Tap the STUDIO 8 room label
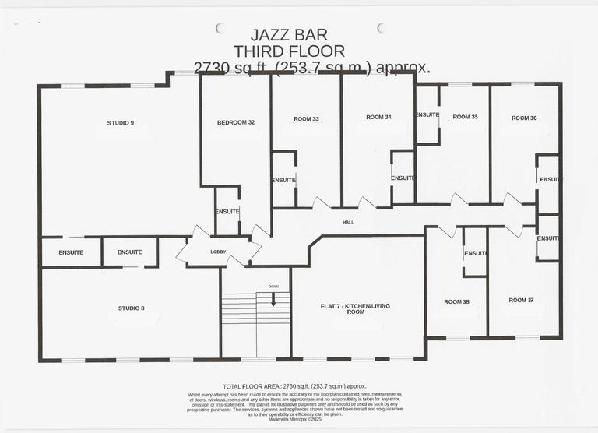point(131,308)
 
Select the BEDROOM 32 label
point(236,123)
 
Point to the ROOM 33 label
point(306,119)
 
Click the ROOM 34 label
point(378,117)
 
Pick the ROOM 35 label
point(465,117)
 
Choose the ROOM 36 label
point(524,118)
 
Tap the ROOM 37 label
point(522,300)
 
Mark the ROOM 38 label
point(456,301)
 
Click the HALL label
point(348,222)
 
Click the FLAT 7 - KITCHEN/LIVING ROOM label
point(355,308)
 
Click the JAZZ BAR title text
point(289,35)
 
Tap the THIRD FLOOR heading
point(289,51)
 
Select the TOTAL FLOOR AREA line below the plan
point(294,386)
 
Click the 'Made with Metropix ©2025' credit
point(294,419)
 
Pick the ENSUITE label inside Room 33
point(283,180)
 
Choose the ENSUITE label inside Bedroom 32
point(227,212)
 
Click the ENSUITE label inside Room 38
point(475,253)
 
